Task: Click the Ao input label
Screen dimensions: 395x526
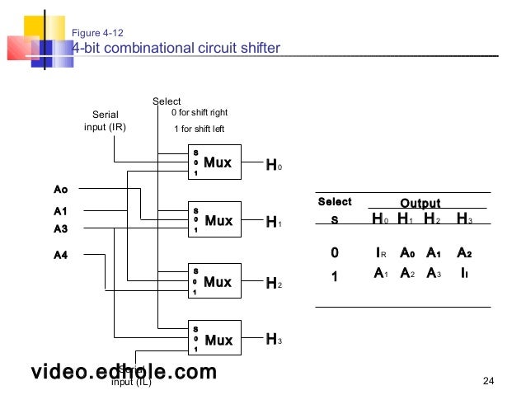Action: point(61,190)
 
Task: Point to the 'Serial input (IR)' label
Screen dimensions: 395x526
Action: point(105,120)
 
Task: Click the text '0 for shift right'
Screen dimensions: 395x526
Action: point(199,112)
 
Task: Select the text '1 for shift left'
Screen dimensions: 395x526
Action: point(199,129)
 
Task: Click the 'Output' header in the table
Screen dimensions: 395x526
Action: point(420,203)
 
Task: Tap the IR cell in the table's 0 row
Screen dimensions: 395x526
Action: point(380,252)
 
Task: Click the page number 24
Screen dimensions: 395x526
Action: point(487,380)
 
